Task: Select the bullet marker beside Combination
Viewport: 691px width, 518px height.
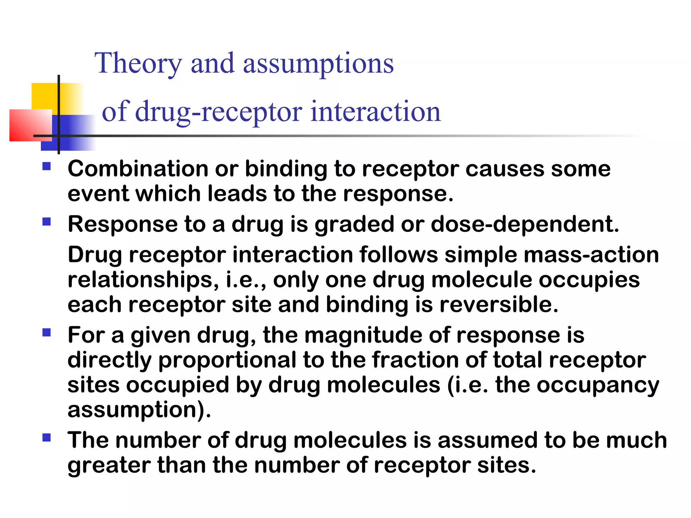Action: [47, 166]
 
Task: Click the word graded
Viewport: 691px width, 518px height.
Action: [354, 225]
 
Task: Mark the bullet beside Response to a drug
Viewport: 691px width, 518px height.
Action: [47, 222]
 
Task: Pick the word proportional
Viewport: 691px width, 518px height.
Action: [227, 360]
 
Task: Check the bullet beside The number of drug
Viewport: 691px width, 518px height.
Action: [47, 438]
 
